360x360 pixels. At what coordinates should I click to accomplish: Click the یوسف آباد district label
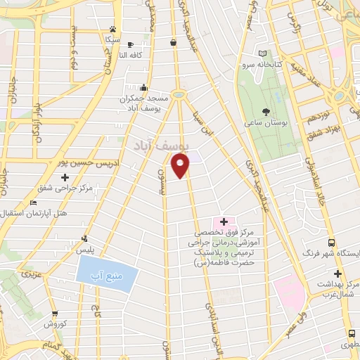pyautogui.click(x=160, y=146)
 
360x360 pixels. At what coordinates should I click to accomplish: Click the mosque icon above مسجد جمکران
pyautogui.click(x=143, y=89)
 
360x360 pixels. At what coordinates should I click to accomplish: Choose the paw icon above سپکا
pyautogui.click(x=112, y=30)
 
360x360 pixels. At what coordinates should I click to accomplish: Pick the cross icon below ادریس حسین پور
pyautogui.click(x=65, y=177)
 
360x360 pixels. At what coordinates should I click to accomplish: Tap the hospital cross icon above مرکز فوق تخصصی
pyautogui.click(x=224, y=221)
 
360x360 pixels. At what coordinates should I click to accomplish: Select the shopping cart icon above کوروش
pyautogui.click(x=54, y=314)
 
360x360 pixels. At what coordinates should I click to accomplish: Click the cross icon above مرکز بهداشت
pyautogui.click(x=337, y=274)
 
